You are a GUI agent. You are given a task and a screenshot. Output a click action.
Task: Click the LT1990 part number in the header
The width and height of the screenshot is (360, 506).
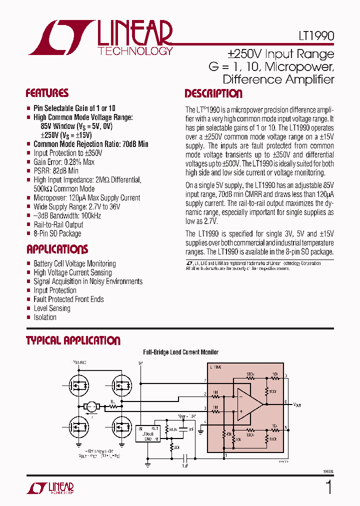click(x=313, y=37)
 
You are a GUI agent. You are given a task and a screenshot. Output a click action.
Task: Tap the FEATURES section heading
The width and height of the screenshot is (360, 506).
click(x=47, y=93)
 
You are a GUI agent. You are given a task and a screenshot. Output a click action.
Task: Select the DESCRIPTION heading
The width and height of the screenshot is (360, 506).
click(x=213, y=93)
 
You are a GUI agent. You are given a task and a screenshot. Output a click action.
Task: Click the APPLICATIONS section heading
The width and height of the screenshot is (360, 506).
click(x=57, y=249)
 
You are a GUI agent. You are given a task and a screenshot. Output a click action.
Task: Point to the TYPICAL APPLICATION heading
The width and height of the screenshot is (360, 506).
click(x=73, y=340)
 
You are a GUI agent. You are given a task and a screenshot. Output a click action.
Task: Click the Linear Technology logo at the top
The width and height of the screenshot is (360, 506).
click(x=100, y=37)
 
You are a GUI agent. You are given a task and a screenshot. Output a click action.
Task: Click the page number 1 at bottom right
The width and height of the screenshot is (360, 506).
click(x=328, y=486)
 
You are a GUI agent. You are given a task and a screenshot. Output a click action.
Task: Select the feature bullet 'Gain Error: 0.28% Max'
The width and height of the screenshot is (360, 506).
click(x=64, y=162)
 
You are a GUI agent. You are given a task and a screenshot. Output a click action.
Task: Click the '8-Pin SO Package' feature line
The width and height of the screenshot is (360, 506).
click(x=57, y=233)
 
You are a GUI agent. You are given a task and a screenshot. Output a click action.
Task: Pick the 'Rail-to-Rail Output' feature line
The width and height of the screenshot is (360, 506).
click(x=58, y=224)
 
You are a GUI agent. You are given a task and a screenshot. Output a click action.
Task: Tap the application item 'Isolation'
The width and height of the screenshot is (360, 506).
click(x=45, y=317)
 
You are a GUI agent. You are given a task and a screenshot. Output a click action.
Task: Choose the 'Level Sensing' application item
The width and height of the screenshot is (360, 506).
click(x=52, y=308)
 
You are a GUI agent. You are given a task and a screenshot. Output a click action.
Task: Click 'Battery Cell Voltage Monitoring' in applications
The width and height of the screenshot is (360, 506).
click(x=74, y=263)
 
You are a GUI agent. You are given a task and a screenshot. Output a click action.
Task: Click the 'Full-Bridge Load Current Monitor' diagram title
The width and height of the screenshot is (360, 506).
click(x=180, y=352)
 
